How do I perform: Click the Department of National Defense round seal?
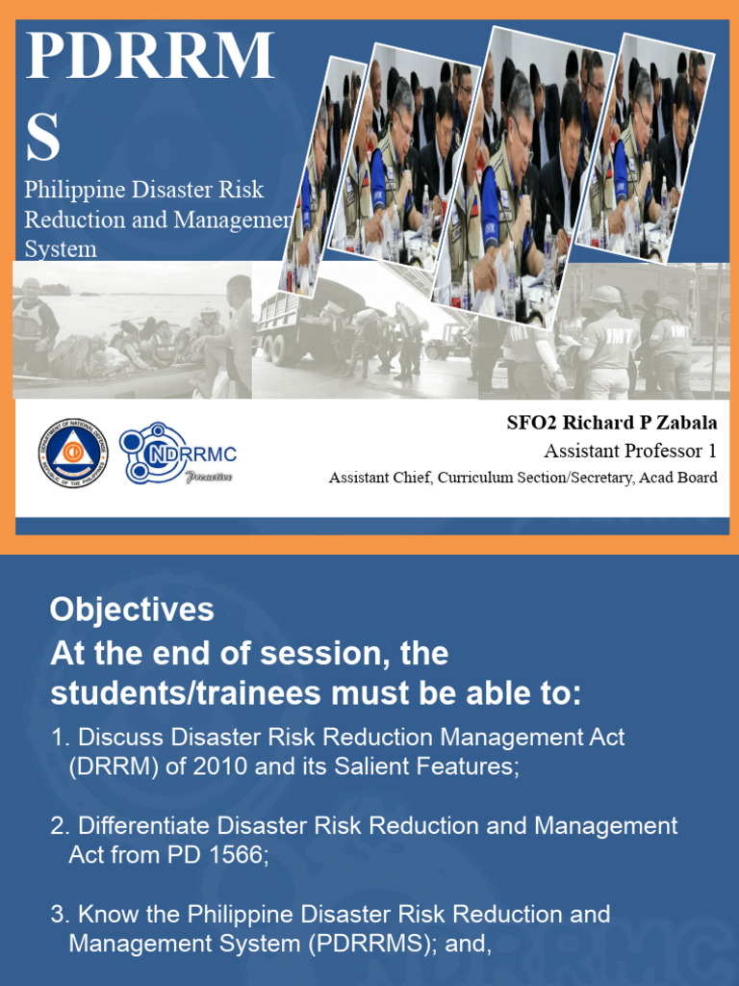coord(73,453)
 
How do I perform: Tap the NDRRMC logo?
coord(178,453)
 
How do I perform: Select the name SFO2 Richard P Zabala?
coord(612,423)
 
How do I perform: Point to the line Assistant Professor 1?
coord(630,451)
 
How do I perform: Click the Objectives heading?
coord(132,610)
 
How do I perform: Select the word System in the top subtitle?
coord(60,249)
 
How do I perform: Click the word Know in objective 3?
coord(104,914)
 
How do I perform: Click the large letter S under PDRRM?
coord(42,138)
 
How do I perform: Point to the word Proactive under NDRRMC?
coord(209,477)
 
